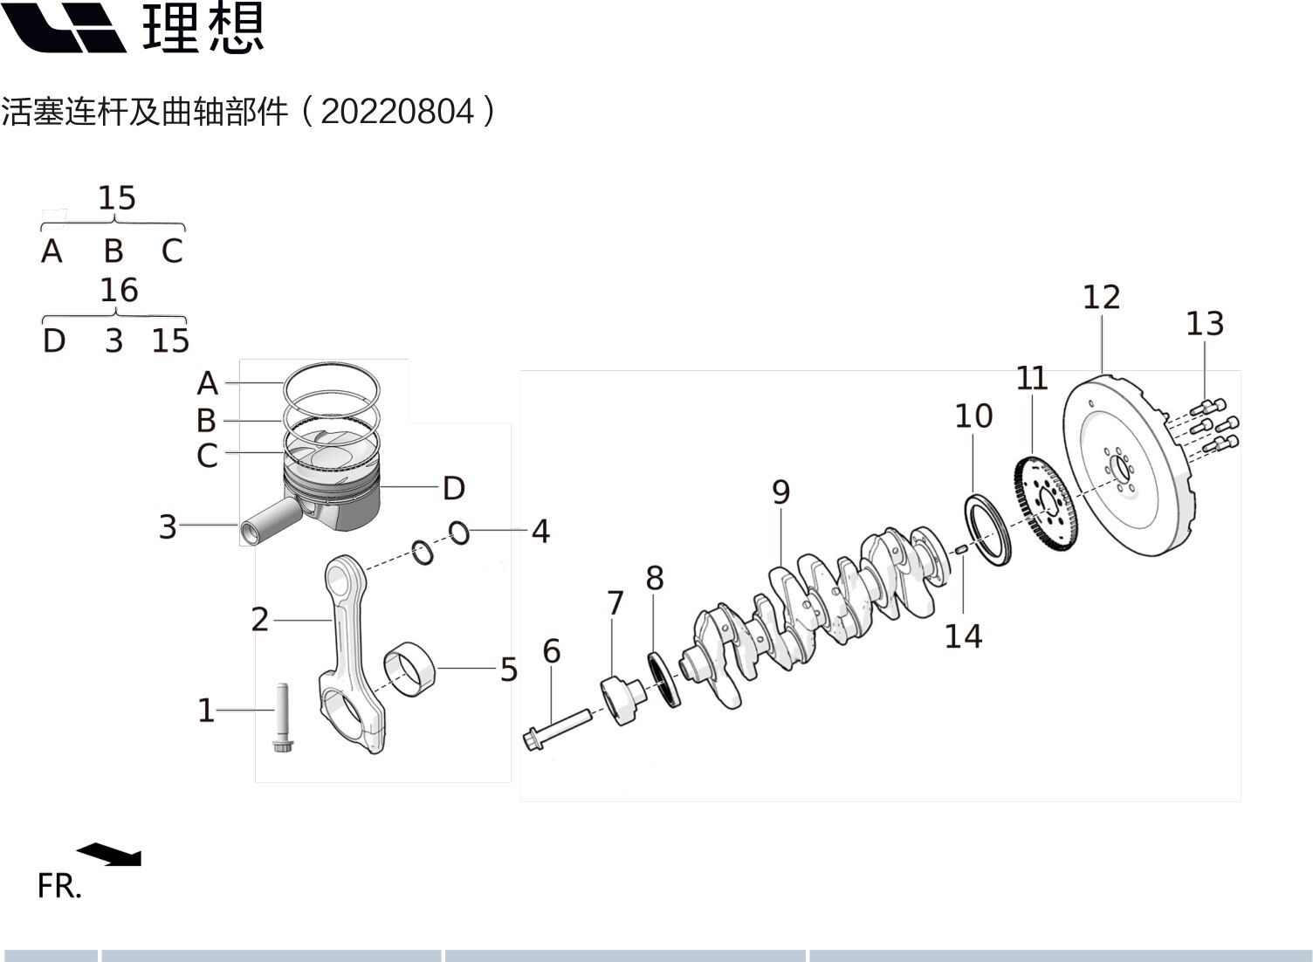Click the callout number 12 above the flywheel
[x=1102, y=297]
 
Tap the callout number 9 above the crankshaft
[x=780, y=491]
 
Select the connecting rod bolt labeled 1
[x=283, y=718]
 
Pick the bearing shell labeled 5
[x=409, y=670]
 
